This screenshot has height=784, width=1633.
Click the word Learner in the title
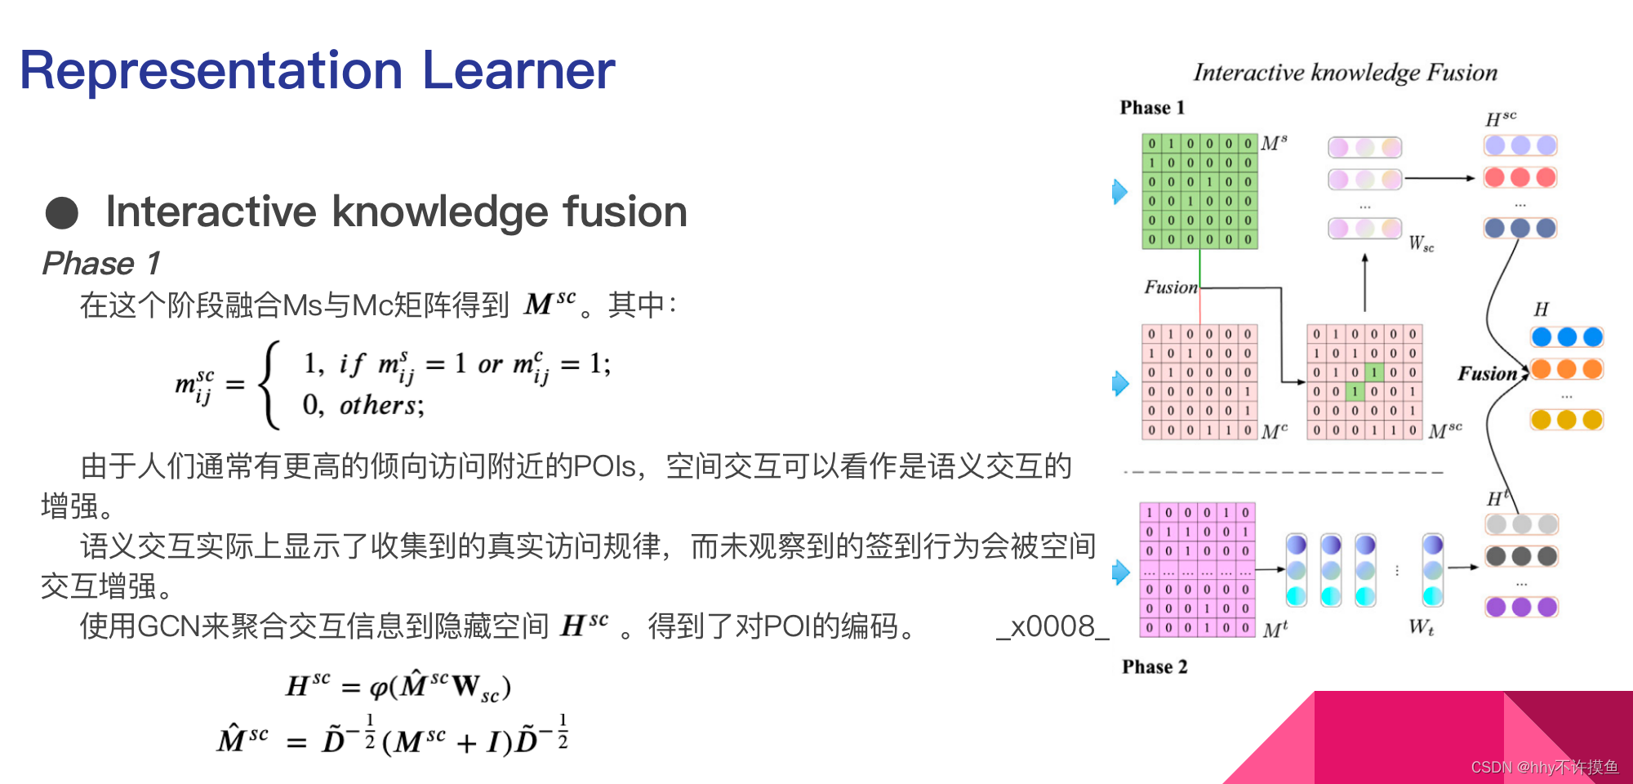(518, 71)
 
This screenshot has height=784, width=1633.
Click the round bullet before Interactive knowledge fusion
(62, 213)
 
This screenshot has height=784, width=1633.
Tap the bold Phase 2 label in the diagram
(1155, 667)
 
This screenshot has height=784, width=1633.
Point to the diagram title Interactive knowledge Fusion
(1345, 73)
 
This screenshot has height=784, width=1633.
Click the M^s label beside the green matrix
(1274, 144)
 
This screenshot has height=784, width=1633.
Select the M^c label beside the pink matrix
(1274, 430)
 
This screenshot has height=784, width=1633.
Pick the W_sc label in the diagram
(1421, 243)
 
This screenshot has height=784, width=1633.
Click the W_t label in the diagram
(1421, 627)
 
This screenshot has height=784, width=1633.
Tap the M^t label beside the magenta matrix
(1275, 629)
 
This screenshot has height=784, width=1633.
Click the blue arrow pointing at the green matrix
(1119, 192)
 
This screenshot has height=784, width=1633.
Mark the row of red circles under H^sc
(1520, 178)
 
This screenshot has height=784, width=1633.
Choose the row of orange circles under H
(1566, 369)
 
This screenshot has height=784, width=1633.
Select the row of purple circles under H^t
(1520, 607)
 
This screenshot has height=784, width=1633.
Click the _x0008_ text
(1052, 626)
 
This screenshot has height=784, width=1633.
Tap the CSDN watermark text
(1544, 767)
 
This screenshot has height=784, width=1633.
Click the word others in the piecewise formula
(377, 405)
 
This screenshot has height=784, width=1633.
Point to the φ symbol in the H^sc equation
(379, 688)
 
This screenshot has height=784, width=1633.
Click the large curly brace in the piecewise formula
(269, 385)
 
